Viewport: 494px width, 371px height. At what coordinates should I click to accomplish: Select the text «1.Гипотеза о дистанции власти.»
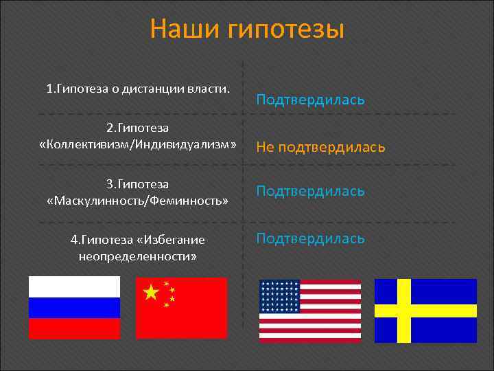(137, 89)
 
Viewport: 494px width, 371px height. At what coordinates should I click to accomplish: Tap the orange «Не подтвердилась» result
(320, 147)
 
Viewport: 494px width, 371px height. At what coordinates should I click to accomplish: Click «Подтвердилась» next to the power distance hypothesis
(310, 100)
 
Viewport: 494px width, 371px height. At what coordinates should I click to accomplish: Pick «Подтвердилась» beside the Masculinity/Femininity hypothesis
(310, 190)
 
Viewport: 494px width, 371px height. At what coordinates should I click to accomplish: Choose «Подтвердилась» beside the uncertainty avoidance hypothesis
(310, 238)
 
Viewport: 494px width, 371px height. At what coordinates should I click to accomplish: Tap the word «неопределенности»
(137, 256)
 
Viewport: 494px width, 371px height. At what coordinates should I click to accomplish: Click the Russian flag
(74, 307)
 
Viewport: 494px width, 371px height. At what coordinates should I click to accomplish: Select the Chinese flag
(181, 307)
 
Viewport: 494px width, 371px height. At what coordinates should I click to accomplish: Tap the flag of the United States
(309, 311)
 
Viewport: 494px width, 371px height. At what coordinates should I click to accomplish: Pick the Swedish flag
(425, 311)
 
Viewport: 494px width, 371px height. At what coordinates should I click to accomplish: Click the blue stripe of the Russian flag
(74, 307)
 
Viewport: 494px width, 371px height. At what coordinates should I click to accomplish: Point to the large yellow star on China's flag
(150, 293)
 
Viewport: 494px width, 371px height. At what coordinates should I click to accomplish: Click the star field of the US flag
(280, 296)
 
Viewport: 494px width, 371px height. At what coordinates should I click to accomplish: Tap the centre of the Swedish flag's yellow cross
(403, 311)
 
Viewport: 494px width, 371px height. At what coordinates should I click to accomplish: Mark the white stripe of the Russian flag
(74, 286)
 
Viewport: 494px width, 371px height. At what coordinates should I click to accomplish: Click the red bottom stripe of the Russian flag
(74, 328)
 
